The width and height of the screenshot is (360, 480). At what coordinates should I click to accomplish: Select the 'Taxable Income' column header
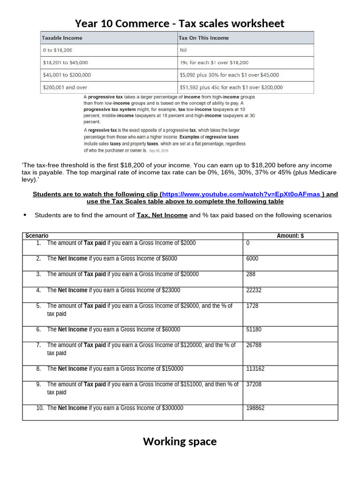tap(62, 38)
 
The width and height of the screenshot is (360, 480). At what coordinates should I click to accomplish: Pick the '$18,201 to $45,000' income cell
tap(65, 62)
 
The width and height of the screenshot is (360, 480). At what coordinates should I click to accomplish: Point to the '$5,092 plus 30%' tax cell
tap(229, 75)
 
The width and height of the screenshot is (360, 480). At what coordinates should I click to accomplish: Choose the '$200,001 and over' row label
tap(65, 87)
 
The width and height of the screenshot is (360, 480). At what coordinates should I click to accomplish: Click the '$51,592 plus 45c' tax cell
tap(231, 87)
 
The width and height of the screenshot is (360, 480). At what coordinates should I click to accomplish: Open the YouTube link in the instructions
tap(241, 194)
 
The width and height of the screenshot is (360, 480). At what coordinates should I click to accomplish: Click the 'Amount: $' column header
tap(290, 236)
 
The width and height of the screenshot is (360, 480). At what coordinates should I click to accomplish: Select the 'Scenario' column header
tap(37, 236)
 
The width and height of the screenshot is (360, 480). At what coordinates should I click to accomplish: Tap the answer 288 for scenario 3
tap(250, 274)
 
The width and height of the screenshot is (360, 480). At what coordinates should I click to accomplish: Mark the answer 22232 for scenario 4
tap(254, 290)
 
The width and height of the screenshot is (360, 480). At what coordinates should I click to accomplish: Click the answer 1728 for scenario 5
tap(252, 306)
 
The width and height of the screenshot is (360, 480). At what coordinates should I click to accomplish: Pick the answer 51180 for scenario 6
tap(254, 330)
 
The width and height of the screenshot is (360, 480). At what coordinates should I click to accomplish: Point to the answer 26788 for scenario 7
tap(254, 345)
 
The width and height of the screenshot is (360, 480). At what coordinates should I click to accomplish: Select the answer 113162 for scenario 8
tap(255, 369)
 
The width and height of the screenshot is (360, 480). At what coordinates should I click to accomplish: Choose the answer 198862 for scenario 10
tap(255, 408)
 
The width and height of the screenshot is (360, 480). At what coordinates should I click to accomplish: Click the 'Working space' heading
tap(180, 442)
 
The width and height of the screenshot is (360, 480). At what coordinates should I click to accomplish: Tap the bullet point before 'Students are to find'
tap(25, 215)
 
